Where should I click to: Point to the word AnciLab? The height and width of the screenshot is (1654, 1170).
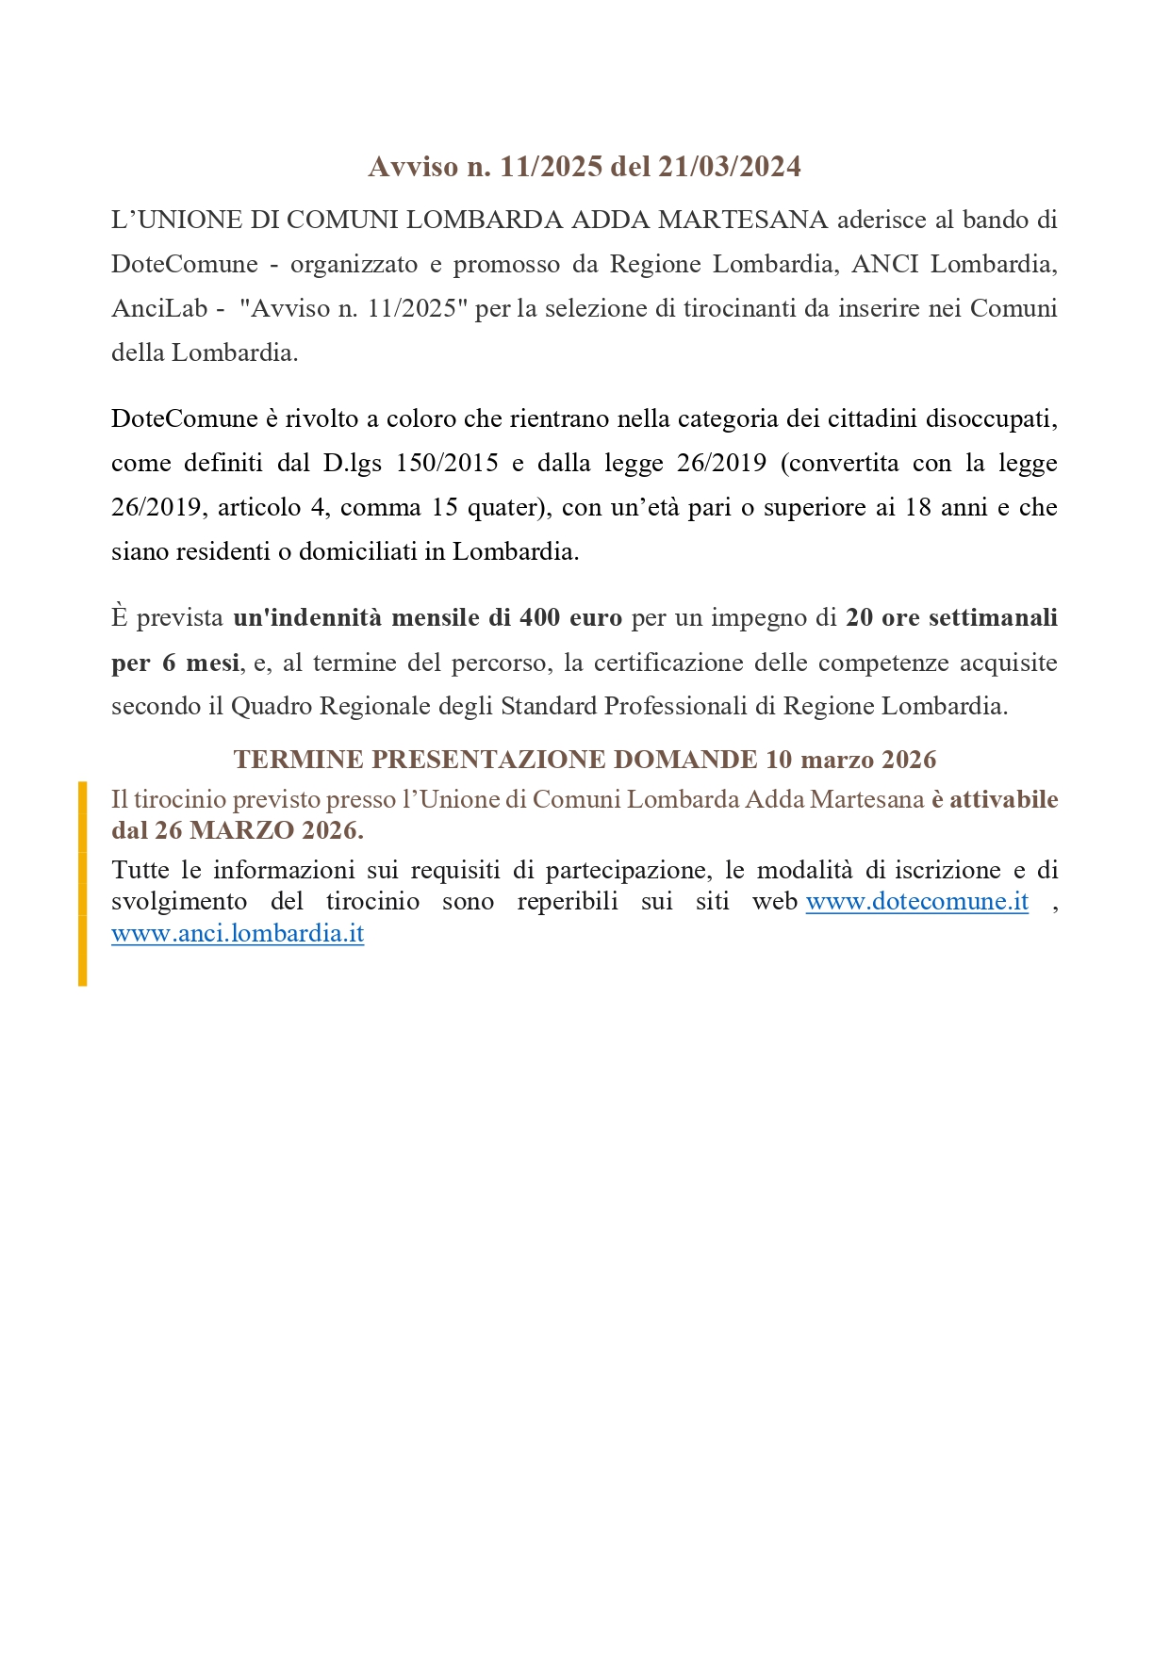point(158,308)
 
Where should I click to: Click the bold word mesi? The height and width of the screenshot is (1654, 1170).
point(212,663)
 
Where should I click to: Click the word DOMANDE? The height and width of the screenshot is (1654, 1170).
point(684,760)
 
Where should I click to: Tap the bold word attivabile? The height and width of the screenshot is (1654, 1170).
point(1003,799)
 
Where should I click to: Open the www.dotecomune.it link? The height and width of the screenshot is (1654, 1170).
point(916,901)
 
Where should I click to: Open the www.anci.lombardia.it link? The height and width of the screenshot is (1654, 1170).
point(238,933)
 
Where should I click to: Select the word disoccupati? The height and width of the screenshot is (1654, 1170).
point(991,418)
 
